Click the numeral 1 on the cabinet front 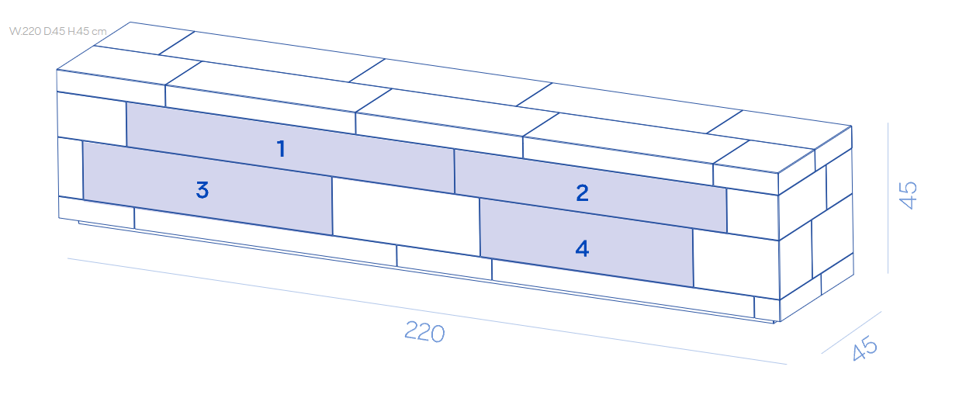[281, 149]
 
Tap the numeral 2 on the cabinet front [582, 192]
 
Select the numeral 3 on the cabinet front [203, 189]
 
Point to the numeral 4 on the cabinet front [582, 248]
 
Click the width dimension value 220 [424, 333]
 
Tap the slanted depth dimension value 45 [864, 349]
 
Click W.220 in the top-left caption [24, 32]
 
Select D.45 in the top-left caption [54, 32]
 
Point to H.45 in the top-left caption [78, 32]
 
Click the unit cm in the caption [99, 32]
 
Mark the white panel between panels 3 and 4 [406, 216]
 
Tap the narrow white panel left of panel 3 [70, 168]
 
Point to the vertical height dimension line [888, 198]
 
